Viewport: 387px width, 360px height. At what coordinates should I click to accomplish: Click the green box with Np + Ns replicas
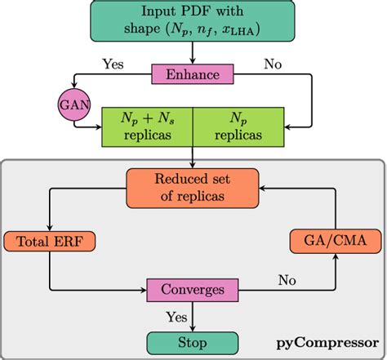146,127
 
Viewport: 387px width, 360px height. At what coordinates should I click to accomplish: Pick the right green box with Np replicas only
239,127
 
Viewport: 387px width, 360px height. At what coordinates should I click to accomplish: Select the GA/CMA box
336,242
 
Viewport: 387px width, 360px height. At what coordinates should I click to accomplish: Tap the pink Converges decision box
193,290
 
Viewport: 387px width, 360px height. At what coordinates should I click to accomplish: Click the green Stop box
193,341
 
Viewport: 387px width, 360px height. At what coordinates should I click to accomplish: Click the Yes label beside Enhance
113,63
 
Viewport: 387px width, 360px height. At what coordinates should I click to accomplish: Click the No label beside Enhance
274,63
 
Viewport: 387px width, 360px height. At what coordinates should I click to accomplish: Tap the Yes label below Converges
176,315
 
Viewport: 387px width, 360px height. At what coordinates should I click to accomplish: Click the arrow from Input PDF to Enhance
193,54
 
